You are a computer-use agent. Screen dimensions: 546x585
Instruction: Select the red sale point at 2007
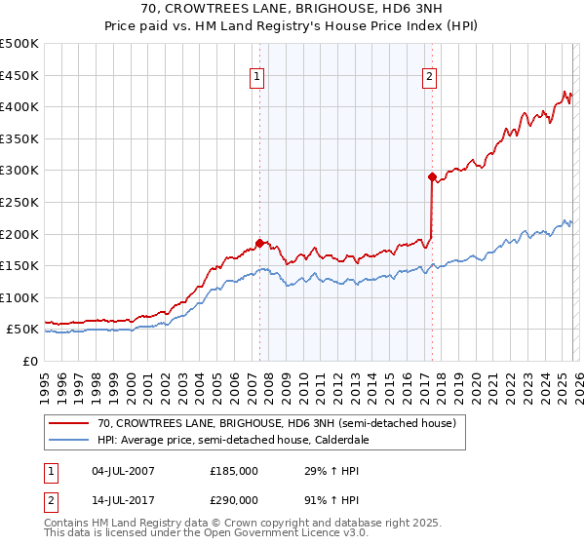(259, 243)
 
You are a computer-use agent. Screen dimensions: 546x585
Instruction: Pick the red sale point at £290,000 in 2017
(431, 176)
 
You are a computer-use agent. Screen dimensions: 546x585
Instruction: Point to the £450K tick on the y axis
(19, 75)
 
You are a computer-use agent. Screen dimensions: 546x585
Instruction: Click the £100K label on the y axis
(19, 297)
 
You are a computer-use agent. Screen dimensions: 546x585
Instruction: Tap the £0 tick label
(30, 361)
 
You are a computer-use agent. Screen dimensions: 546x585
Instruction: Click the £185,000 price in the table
(233, 471)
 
